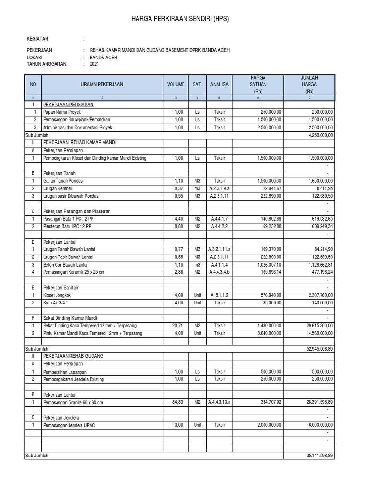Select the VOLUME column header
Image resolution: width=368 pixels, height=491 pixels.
pos(176,84)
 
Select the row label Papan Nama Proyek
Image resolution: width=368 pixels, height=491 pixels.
pos(62,111)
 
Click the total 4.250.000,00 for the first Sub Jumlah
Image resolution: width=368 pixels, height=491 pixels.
pos(317,136)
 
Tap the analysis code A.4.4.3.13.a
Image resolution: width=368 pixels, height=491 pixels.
pos(219,402)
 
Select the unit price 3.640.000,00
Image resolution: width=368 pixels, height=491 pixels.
pos(265,333)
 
